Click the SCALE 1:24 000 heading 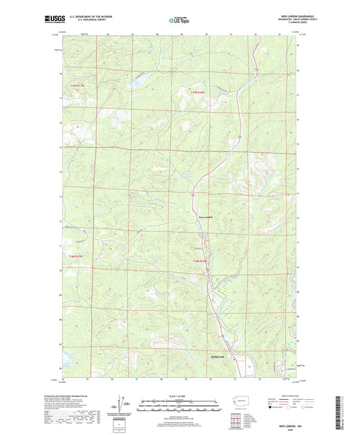(179, 395)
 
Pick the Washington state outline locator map (241, 401)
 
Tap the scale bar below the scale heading (179, 405)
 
